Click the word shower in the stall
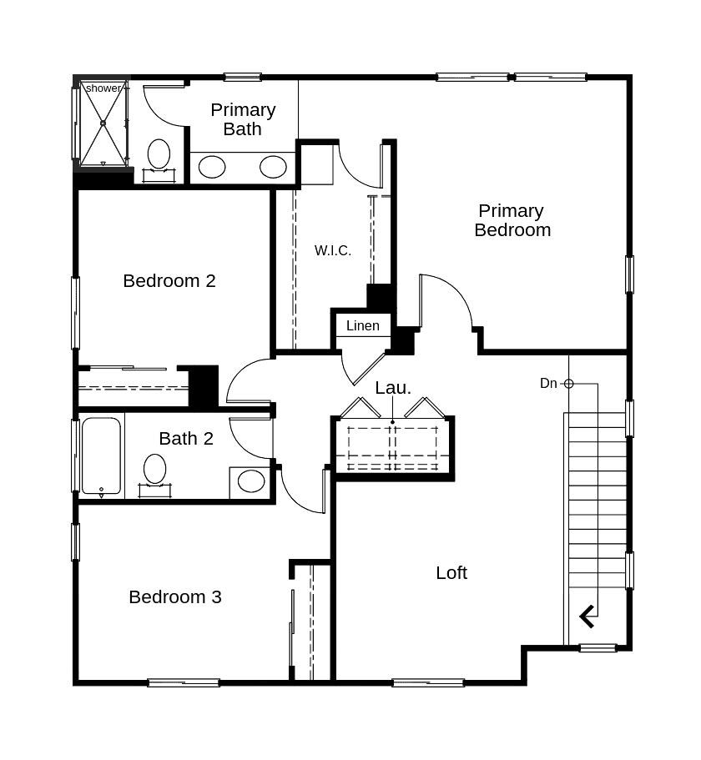103,88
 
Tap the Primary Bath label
243,119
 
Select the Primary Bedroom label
512,220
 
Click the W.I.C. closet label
332,250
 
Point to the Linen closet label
362,326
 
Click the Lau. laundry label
392,388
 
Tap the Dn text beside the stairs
548,383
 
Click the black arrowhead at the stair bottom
588,617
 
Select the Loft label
451,573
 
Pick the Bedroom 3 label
175,597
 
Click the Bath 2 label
186,439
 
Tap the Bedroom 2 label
169,281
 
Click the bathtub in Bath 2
101,457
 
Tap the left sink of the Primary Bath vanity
212,167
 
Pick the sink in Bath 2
250,481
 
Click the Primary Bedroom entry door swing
446,300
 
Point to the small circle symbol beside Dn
568,384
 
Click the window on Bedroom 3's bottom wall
184,682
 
